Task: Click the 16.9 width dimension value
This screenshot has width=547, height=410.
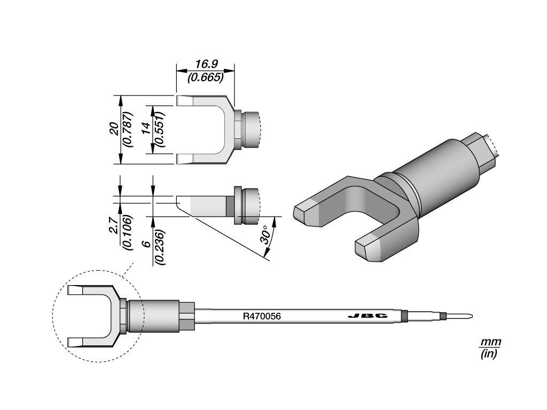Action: coord(206,64)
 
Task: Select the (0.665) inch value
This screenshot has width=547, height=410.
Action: coord(206,77)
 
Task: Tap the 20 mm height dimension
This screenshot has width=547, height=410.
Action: coord(114,130)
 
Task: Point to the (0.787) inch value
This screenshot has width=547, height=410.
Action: coord(128,129)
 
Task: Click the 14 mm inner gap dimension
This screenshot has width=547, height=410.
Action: coord(146,128)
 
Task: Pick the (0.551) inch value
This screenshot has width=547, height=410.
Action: coord(160,129)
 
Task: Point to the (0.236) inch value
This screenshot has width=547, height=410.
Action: coord(160,247)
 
